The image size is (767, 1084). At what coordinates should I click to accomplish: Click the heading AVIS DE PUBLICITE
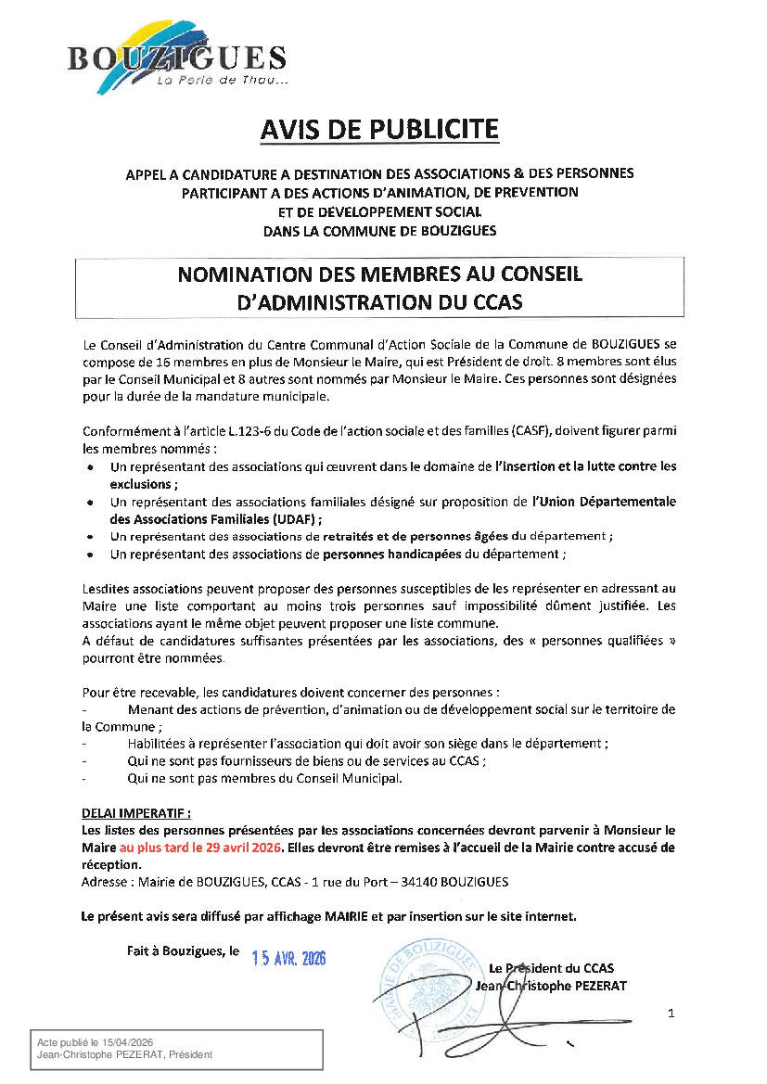378,130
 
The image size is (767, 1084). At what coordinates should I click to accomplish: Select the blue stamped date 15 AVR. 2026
289,959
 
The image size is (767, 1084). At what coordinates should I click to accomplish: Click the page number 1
671,1014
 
